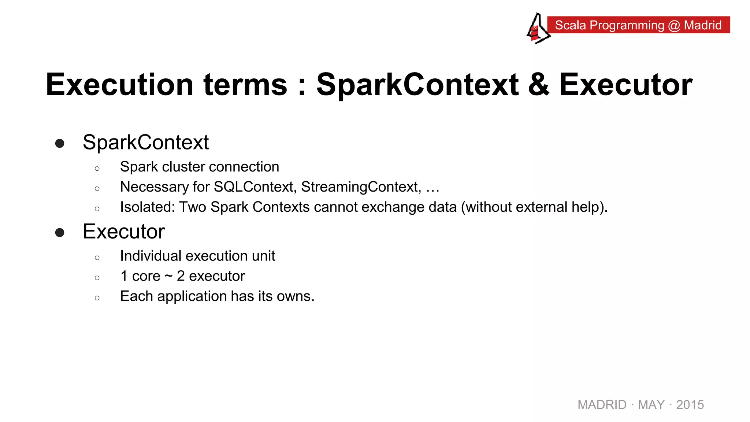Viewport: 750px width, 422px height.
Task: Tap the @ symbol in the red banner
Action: [674, 25]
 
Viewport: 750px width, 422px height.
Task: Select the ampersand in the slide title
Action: [538, 85]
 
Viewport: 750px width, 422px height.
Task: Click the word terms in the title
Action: [245, 85]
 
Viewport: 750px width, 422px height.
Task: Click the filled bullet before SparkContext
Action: [60, 143]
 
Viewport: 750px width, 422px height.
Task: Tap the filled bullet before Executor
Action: [60, 233]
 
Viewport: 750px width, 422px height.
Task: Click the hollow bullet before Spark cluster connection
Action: [97, 169]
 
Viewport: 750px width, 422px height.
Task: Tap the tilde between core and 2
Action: [168, 276]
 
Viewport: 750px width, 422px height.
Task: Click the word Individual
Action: [151, 256]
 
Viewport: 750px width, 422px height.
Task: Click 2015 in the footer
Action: [690, 405]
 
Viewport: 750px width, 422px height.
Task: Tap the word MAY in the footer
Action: [651, 405]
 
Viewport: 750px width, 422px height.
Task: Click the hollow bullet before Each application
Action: [97, 298]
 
